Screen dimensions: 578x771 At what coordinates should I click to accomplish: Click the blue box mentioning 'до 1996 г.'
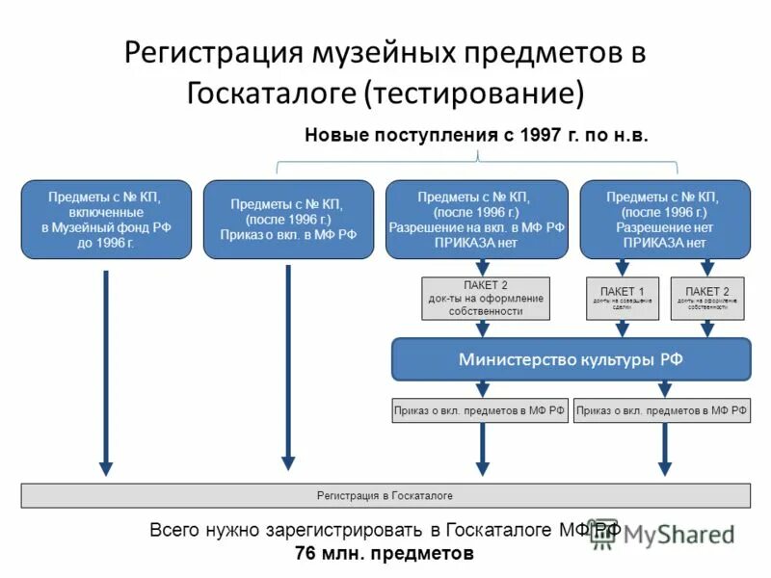point(106,220)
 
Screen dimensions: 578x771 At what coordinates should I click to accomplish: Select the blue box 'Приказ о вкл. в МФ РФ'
point(288,220)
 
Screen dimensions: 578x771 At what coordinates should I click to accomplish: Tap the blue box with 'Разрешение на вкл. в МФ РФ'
point(477,220)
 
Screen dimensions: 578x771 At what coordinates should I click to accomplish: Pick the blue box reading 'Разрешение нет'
point(665,220)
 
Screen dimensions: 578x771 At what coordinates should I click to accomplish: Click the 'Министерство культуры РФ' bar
point(571,359)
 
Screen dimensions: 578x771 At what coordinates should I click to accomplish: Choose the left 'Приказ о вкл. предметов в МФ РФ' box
point(479,410)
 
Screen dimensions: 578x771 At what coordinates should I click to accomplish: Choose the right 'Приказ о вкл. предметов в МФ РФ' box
point(662,410)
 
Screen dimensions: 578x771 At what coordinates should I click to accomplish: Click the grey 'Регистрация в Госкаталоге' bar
point(385,495)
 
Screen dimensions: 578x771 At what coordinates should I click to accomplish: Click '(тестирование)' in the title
point(473,93)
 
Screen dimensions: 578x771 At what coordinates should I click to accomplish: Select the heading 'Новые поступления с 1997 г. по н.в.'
point(477,136)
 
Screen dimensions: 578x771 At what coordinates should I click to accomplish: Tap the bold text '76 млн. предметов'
point(385,554)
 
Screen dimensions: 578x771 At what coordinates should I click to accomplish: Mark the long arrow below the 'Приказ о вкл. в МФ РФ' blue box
point(288,366)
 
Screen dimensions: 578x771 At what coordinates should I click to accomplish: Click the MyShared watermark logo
point(665,536)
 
